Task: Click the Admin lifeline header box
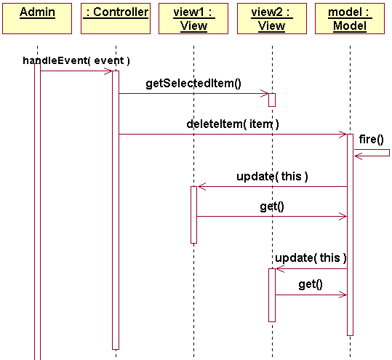coord(37,18)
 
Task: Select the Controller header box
coord(116,18)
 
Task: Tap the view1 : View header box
coord(193,18)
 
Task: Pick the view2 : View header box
coord(272,18)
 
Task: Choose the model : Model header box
coord(350,18)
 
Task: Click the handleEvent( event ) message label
coord(76,61)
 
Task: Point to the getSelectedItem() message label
coord(193,84)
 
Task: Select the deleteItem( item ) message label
coord(233,124)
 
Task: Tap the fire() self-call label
coord(371,140)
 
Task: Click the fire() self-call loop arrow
coord(390,153)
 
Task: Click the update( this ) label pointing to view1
coord(272,177)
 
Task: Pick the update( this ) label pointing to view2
coord(311,258)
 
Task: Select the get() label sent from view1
coord(272,207)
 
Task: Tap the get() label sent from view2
coord(311,284)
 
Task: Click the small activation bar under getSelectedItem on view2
coord(272,100)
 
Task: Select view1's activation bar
coord(193,215)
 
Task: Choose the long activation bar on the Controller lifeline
coord(116,210)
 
